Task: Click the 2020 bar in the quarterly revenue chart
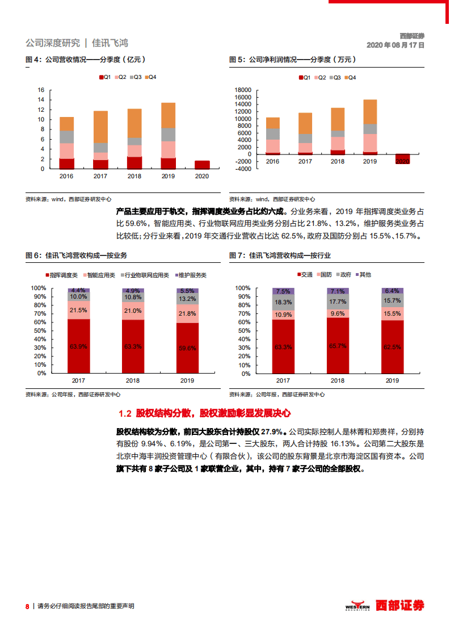pyautogui.click(x=201, y=165)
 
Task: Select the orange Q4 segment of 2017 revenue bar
pyautogui.click(x=100, y=127)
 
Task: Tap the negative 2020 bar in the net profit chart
pyautogui.click(x=402, y=158)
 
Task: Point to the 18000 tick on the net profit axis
pyautogui.click(x=242, y=90)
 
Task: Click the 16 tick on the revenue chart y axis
pyautogui.click(x=40, y=90)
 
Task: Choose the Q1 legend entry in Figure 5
pyautogui.click(x=304, y=77)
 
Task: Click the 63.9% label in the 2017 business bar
pyautogui.click(x=79, y=346)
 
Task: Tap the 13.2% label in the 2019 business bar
pyautogui.click(x=188, y=299)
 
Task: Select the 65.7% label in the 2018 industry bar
pyautogui.click(x=338, y=345)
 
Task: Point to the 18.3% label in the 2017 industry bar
pyautogui.click(x=283, y=303)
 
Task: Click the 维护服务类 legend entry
pyautogui.click(x=191, y=275)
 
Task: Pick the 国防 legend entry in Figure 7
pyautogui.click(x=323, y=275)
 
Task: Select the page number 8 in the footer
pyautogui.click(x=27, y=606)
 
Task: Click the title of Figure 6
pyautogui.click(x=76, y=255)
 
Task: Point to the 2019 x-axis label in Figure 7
pyautogui.click(x=392, y=380)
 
